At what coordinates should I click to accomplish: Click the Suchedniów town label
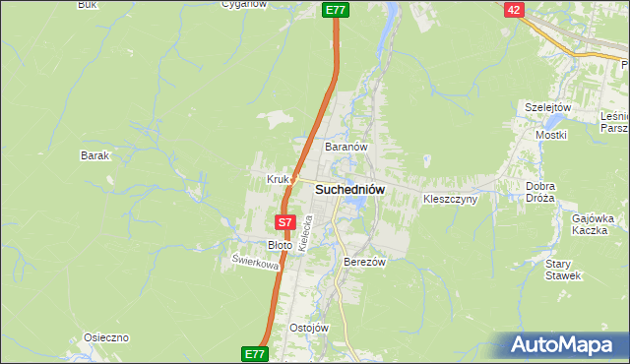click(x=349, y=189)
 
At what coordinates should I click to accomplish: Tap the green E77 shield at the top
click(x=336, y=9)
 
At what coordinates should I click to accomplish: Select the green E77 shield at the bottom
click(x=254, y=352)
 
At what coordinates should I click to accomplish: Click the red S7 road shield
click(x=285, y=223)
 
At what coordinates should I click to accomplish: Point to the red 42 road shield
click(x=513, y=9)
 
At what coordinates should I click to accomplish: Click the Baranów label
click(x=346, y=147)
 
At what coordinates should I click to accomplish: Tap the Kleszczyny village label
click(x=450, y=199)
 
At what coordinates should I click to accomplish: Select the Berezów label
click(x=363, y=263)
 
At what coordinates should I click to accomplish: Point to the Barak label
click(x=94, y=155)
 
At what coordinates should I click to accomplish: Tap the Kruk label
click(x=277, y=179)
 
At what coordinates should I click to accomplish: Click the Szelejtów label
click(x=548, y=107)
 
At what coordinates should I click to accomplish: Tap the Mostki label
click(x=551, y=134)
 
